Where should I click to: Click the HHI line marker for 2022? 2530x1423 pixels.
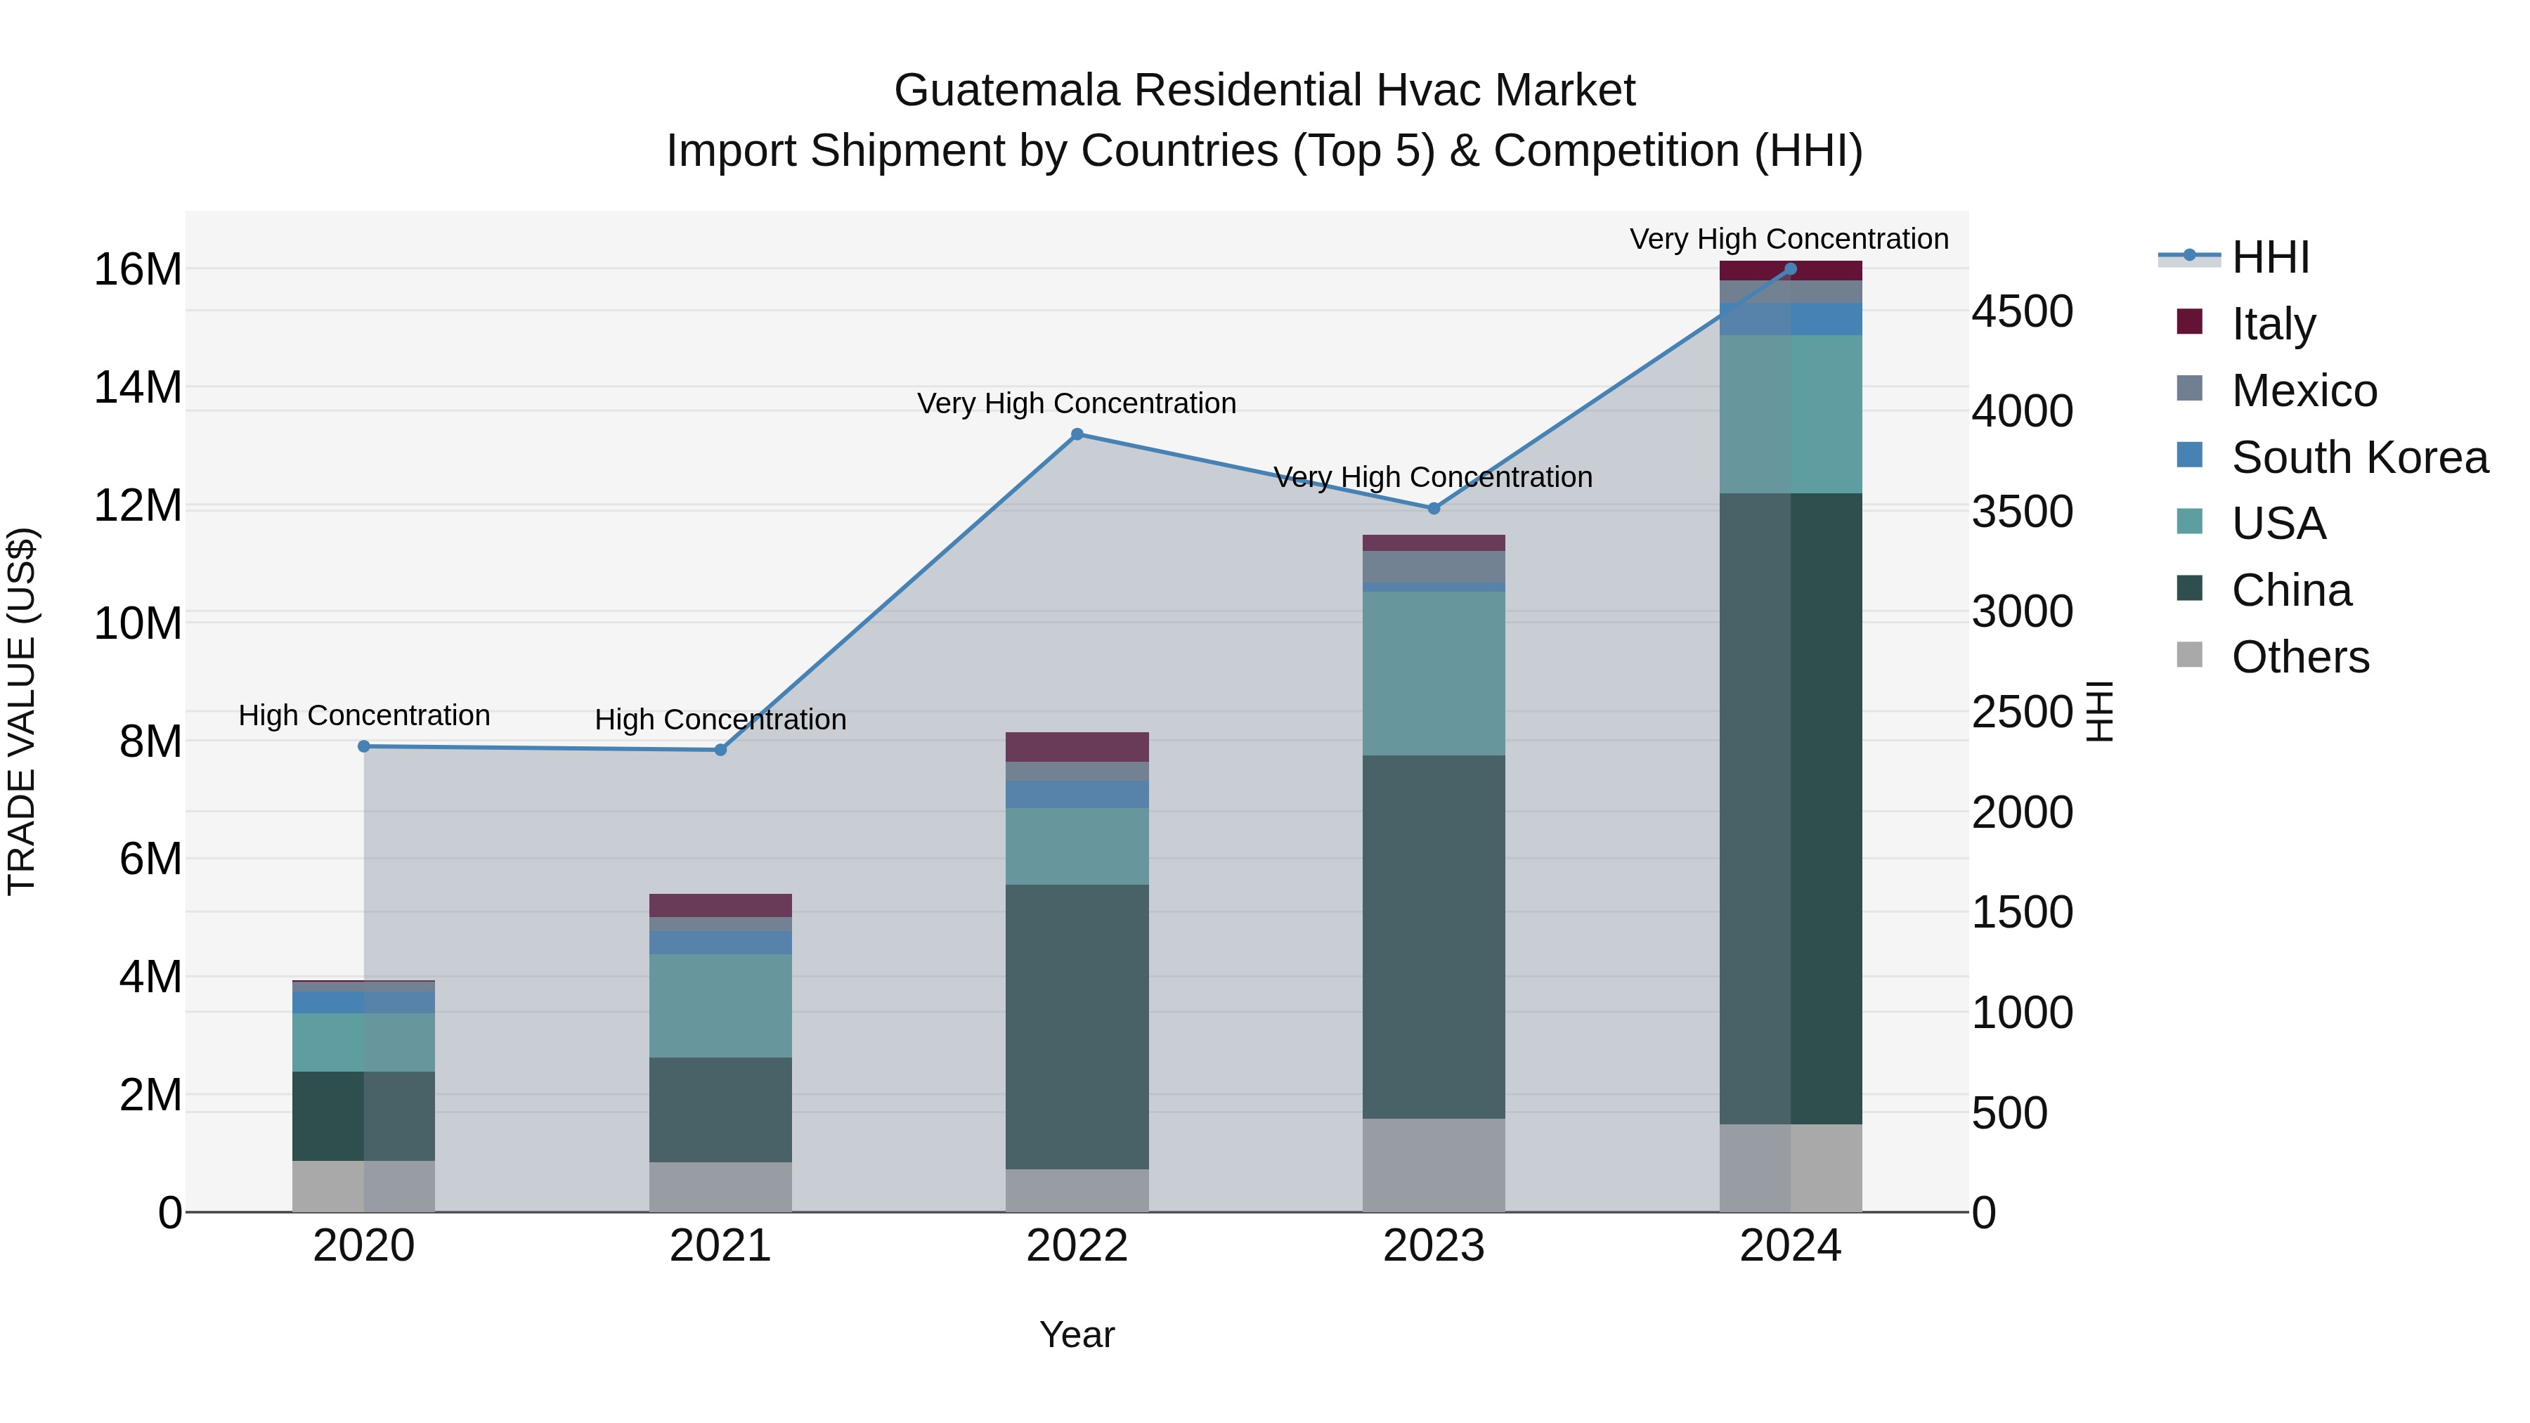click(x=1077, y=434)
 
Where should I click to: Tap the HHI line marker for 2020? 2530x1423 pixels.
click(x=363, y=746)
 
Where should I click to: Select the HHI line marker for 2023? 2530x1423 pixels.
click(x=1433, y=509)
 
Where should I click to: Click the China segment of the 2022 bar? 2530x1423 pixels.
click(x=1077, y=1026)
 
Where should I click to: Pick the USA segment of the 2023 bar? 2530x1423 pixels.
click(x=1433, y=672)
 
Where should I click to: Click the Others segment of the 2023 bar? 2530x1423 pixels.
click(x=1433, y=1164)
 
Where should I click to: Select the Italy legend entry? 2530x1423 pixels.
click(x=2273, y=324)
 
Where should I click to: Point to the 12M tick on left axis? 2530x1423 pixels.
click(x=138, y=506)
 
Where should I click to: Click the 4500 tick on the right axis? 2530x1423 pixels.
click(x=2022, y=311)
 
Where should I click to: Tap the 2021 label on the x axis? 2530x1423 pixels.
click(x=720, y=1246)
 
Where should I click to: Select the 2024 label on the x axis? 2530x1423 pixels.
click(x=1789, y=1246)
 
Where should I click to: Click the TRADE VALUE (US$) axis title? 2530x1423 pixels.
click(x=22, y=711)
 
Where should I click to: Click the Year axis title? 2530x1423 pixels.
click(x=1077, y=1334)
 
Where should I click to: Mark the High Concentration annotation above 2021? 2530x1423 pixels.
click(x=720, y=720)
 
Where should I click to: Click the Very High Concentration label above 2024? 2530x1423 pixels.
click(x=1789, y=239)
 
